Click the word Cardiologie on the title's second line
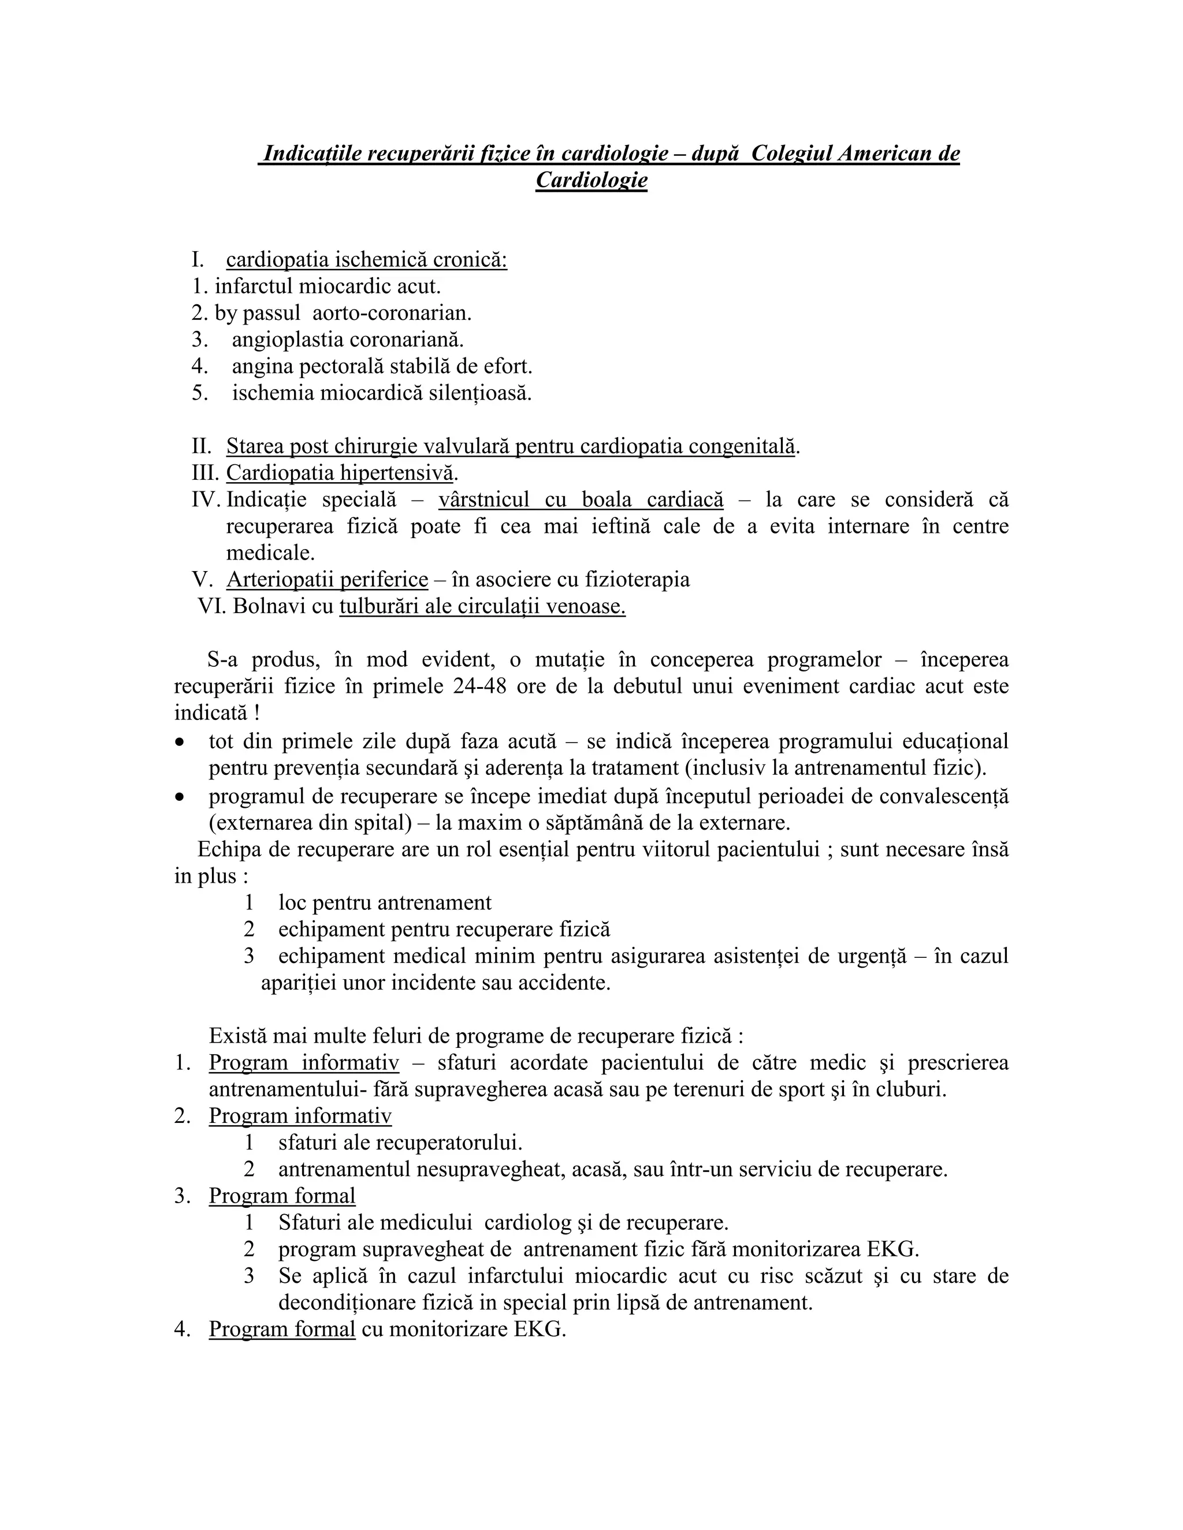coord(591,180)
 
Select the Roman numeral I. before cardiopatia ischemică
coord(198,260)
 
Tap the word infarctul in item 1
coord(254,286)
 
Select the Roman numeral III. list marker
coord(204,473)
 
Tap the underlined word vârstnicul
coord(483,499)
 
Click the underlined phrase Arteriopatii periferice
coord(326,579)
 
